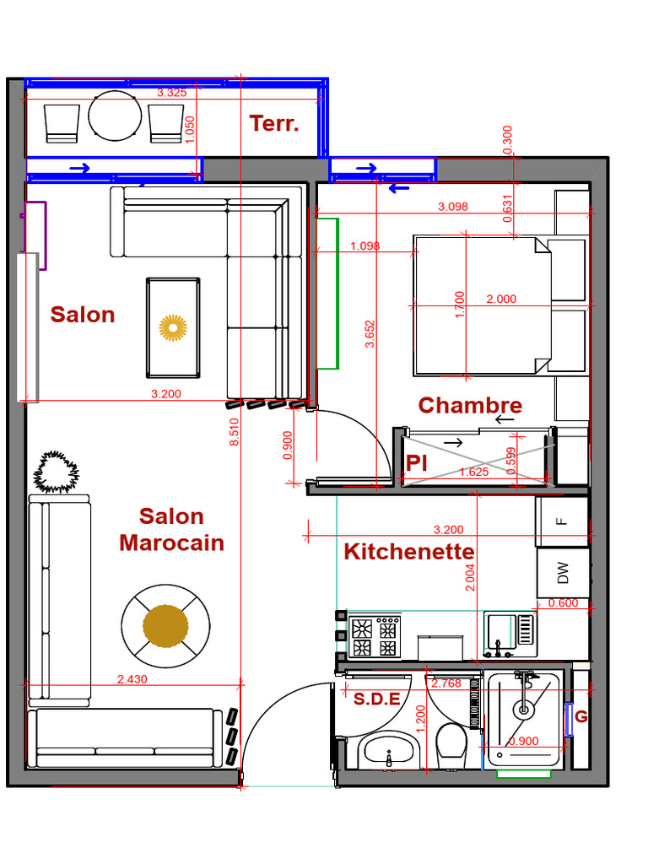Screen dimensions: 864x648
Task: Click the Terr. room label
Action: [274, 123]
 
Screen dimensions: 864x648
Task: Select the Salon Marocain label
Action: [172, 529]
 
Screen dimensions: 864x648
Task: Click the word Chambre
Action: [470, 405]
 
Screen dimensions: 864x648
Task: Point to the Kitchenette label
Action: [408, 552]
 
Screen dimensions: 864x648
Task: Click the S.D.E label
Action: [375, 699]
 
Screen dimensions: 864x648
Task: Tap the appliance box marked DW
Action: [563, 574]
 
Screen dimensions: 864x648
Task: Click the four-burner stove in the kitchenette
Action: [375, 638]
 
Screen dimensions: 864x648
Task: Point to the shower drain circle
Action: [524, 710]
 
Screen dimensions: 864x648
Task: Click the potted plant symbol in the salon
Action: [56, 472]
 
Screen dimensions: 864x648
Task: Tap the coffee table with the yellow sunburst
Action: [173, 327]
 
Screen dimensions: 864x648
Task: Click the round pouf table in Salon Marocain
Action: [165, 625]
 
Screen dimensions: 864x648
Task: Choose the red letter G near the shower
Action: [580, 716]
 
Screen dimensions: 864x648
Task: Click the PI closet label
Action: [415, 463]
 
